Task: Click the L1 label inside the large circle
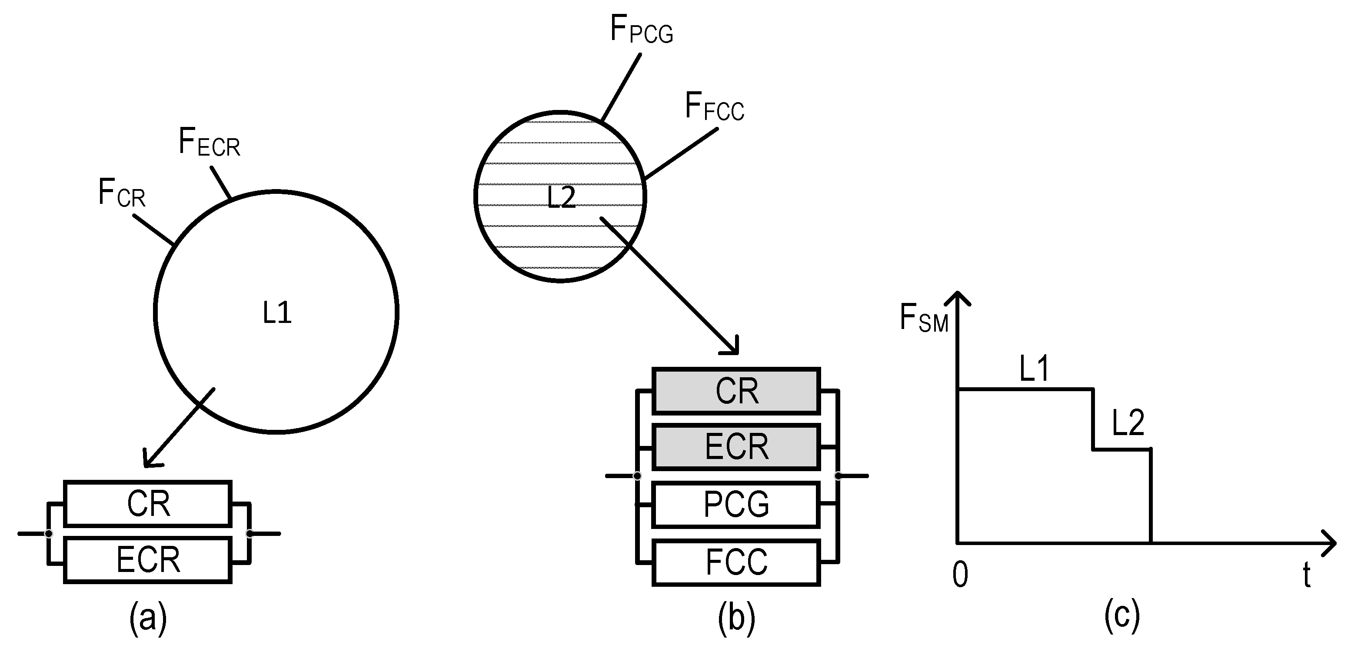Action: click(277, 313)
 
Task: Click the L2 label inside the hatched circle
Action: click(561, 198)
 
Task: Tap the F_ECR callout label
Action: click(209, 142)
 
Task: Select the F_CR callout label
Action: click(122, 193)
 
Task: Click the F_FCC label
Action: click(714, 107)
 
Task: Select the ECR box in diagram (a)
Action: click(148, 560)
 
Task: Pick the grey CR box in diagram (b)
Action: click(736, 391)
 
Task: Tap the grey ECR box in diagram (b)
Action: click(736, 447)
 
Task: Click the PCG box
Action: click(736, 505)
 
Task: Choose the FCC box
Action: click(736, 562)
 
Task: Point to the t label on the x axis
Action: click(1306, 575)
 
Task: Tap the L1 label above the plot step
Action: click(1034, 369)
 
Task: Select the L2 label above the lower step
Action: click(1128, 422)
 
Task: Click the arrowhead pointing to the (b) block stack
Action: click(732, 348)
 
